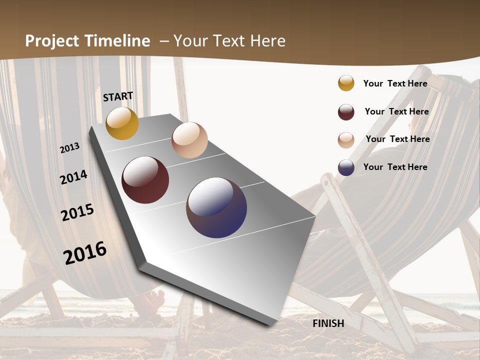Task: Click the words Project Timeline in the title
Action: [x=87, y=41]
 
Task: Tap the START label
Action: [x=118, y=96]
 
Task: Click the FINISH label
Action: [x=328, y=323]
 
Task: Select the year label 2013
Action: [x=69, y=148]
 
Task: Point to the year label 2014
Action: [x=73, y=177]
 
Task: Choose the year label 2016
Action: [x=85, y=252]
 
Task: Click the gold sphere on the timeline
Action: [x=122, y=123]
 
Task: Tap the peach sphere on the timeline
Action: [x=189, y=140]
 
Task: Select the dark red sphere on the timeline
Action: [x=145, y=180]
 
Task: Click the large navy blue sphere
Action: [x=216, y=207]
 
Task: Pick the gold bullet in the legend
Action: [x=346, y=83]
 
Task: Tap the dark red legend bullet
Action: [x=346, y=112]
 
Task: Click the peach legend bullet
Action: [x=346, y=140]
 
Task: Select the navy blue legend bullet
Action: [x=346, y=167]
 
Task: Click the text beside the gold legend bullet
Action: [x=395, y=83]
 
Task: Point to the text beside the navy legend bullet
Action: [x=395, y=167]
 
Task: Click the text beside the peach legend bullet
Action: [x=397, y=139]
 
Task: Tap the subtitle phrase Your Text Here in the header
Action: [x=229, y=41]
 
